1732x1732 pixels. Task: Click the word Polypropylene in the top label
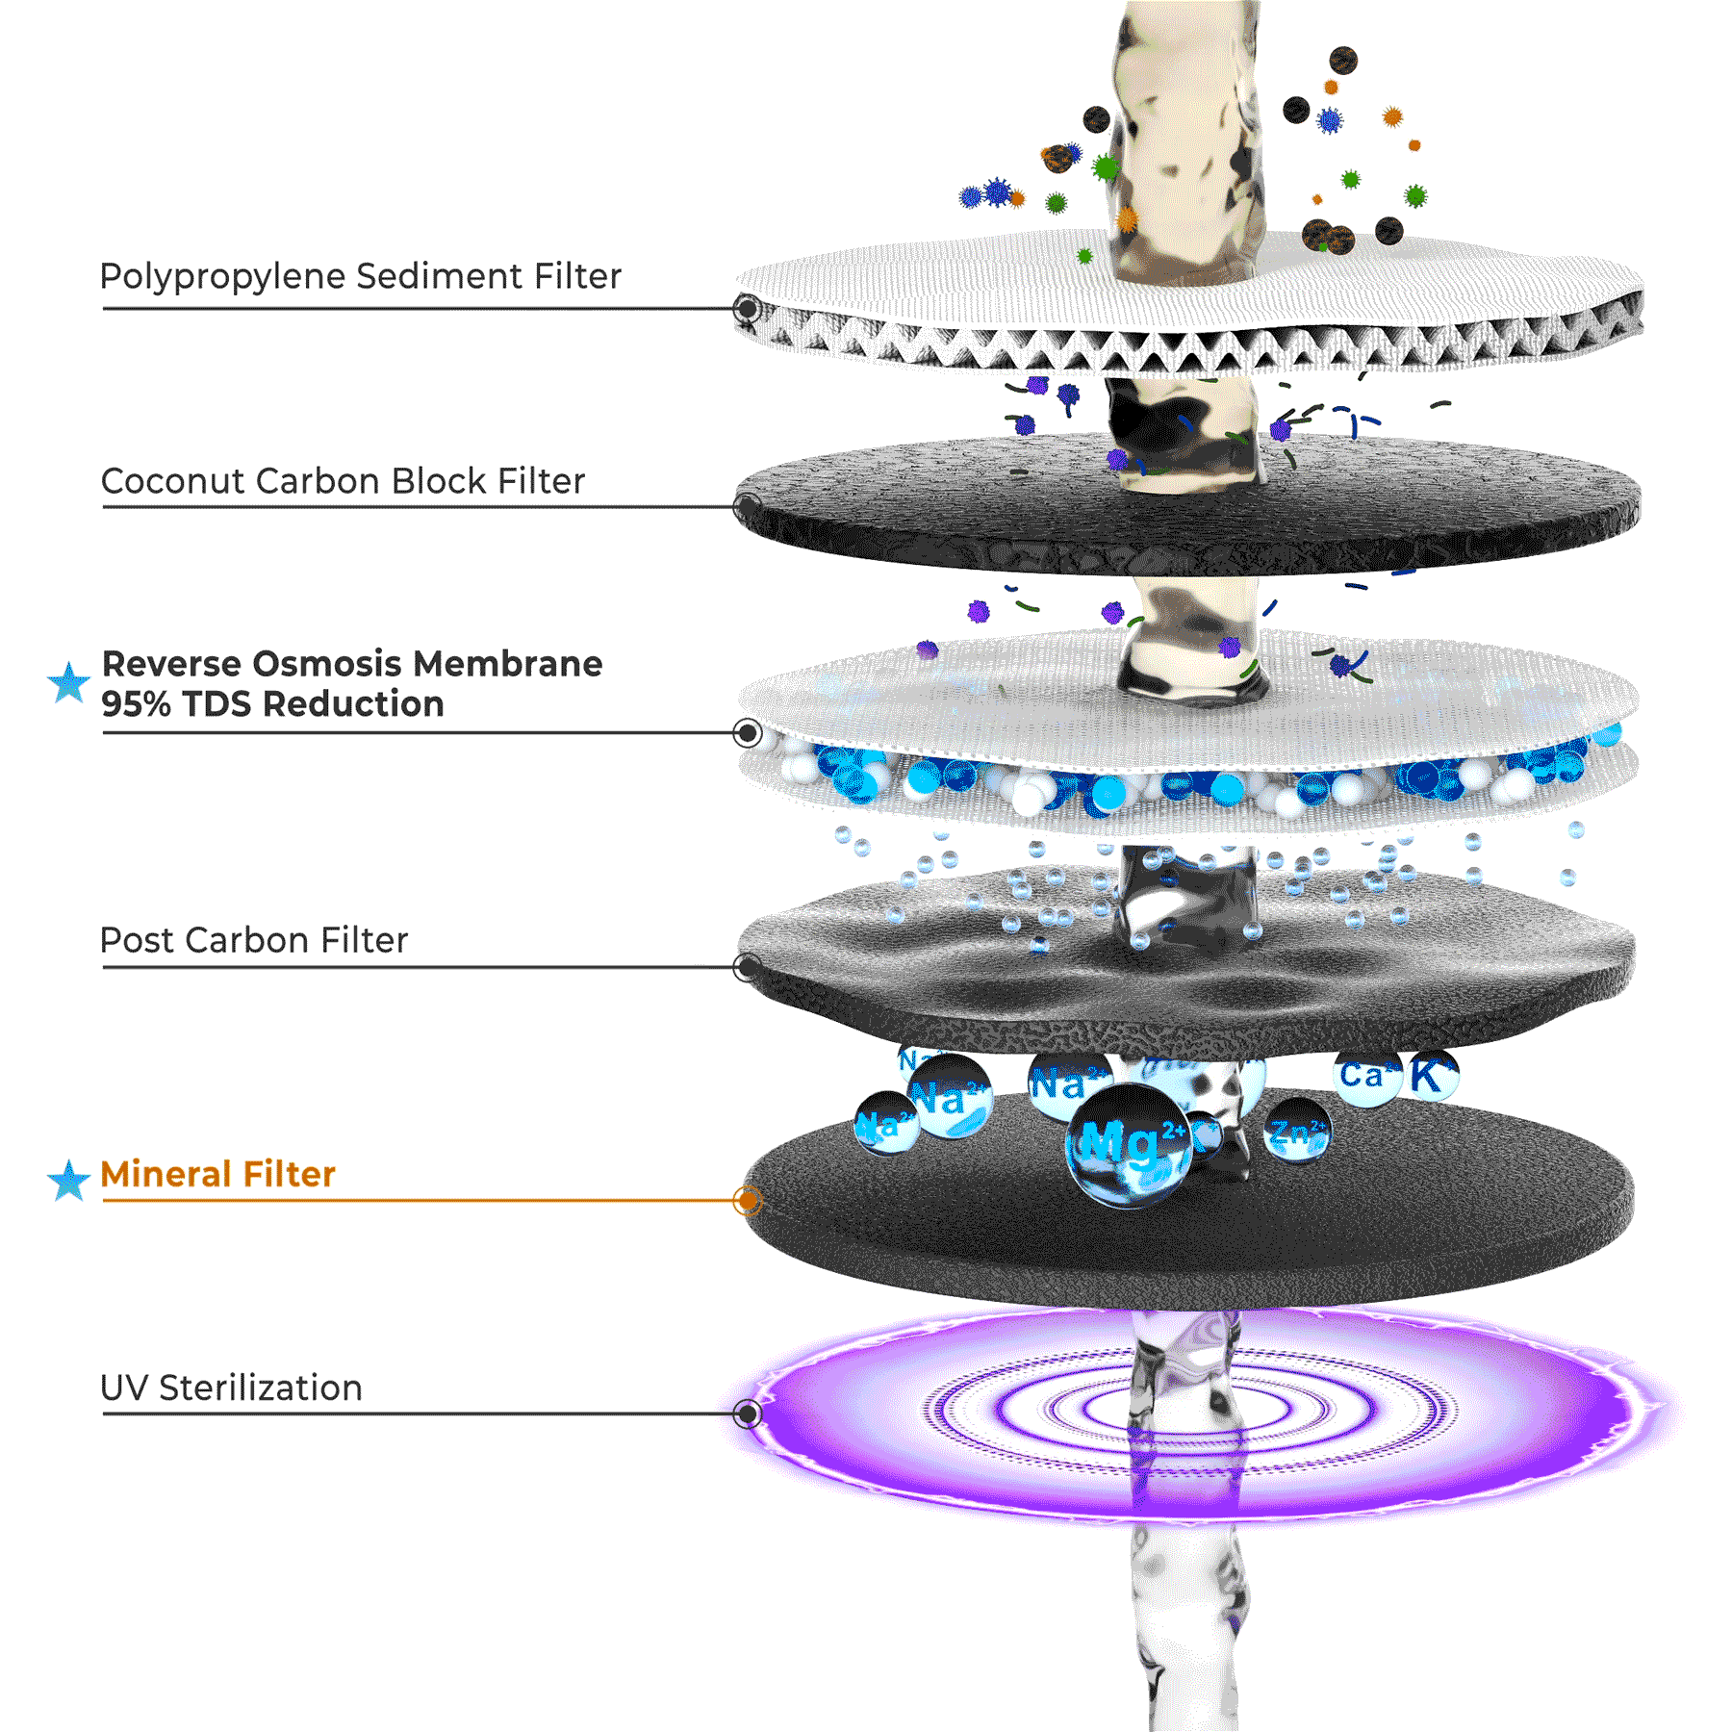tap(223, 277)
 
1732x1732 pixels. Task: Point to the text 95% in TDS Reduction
tap(136, 704)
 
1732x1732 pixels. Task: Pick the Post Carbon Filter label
tap(254, 940)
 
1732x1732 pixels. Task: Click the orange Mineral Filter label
tap(218, 1175)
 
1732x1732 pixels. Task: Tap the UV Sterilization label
tap(232, 1388)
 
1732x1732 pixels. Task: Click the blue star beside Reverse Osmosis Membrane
tap(69, 682)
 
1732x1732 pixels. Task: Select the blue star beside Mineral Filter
tap(69, 1180)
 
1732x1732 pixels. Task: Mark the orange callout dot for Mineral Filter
tap(748, 1201)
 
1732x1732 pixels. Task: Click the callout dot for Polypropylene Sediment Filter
tap(748, 309)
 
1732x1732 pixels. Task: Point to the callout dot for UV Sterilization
tap(748, 1414)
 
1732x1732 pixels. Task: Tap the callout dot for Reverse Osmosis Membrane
tap(748, 733)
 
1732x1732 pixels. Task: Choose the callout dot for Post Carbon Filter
tap(748, 967)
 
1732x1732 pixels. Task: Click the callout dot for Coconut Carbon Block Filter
tap(748, 506)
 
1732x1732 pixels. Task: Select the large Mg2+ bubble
tap(1128, 1145)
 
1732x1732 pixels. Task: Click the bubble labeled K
tap(1433, 1076)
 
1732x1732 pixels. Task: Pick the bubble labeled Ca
tap(1366, 1076)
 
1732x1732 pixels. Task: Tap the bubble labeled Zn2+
tap(1296, 1131)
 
